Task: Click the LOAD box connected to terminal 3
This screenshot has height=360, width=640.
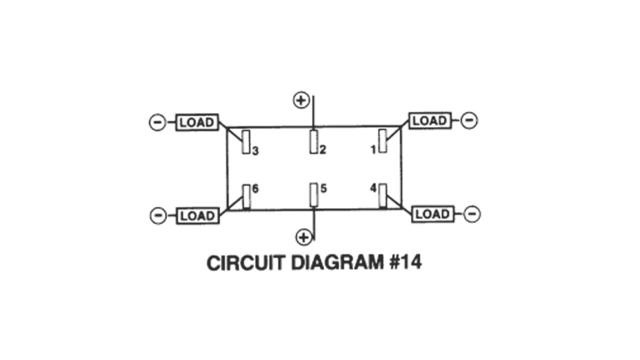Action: [x=196, y=122]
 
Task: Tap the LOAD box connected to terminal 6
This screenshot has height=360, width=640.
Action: [x=196, y=215]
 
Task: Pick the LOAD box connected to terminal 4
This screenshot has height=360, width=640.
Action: [x=432, y=214]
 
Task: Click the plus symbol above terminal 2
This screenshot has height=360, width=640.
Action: [x=300, y=100]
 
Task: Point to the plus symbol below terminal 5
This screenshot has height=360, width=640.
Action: [x=304, y=237]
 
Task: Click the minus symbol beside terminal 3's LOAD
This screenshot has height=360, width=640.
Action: [x=158, y=122]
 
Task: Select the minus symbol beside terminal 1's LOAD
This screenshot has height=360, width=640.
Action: [x=469, y=120]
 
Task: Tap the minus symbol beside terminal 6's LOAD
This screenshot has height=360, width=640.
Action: [x=158, y=215]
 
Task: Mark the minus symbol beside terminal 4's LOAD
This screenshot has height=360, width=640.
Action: [x=472, y=214]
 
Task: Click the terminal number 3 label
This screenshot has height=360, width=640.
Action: [x=255, y=151]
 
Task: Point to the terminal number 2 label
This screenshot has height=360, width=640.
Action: [x=323, y=151]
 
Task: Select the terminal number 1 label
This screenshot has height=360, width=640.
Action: [x=373, y=150]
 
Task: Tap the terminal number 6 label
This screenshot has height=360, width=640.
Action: [x=255, y=189]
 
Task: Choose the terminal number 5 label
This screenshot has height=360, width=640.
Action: [x=323, y=189]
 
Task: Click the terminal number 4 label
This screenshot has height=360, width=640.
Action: [x=373, y=189]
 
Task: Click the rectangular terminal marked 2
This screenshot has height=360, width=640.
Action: [x=314, y=141]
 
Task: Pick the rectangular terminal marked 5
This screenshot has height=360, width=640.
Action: [x=314, y=194]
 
